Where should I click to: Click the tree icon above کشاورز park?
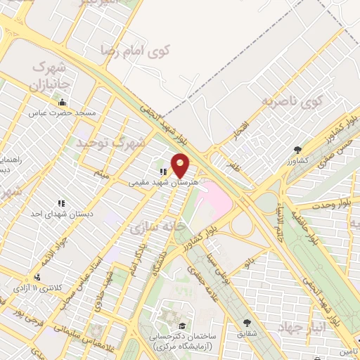298,150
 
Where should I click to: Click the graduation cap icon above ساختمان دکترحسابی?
183,326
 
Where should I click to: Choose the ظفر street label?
233,165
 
